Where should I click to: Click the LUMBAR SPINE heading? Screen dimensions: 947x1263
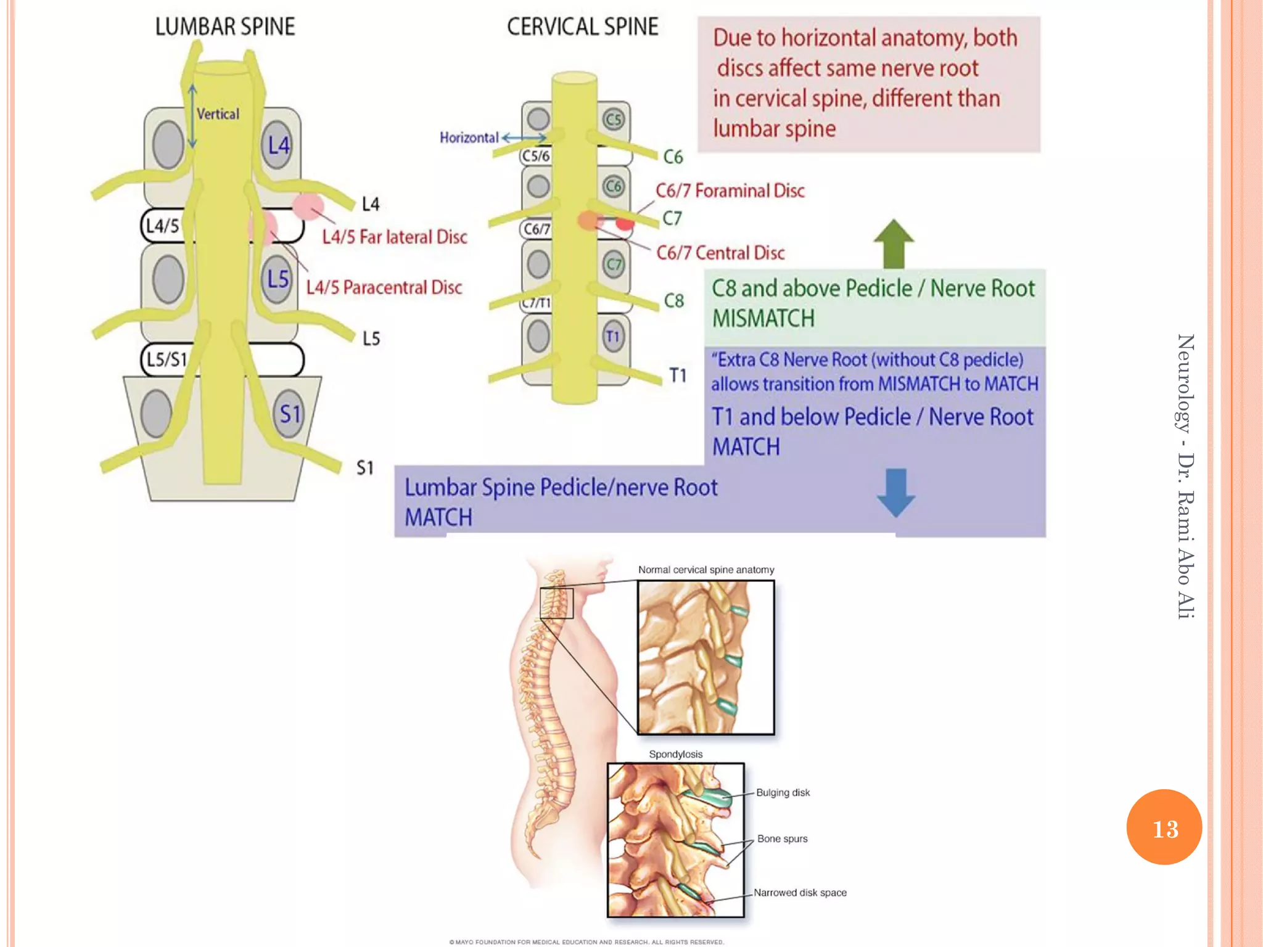pos(225,27)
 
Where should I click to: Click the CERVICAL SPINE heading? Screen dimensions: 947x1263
pos(583,27)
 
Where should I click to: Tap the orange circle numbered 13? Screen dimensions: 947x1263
pos(1164,827)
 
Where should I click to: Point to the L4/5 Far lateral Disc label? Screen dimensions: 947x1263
pos(395,237)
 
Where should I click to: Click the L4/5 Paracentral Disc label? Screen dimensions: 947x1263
pos(384,287)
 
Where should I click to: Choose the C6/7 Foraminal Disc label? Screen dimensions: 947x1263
pos(730,191)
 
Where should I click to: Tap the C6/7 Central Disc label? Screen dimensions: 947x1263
pos(720,253)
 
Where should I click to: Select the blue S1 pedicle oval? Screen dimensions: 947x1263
pos(289,414)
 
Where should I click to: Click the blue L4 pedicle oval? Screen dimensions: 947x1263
pos(278,146)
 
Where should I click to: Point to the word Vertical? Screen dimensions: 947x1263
pos(218,114)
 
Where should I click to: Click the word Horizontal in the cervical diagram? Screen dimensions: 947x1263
pos(469,137)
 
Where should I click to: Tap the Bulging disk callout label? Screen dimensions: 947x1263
pos(783,792)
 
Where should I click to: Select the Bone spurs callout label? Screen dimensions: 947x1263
pos(782,838)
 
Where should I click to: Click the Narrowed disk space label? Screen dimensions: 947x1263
pos(800,892)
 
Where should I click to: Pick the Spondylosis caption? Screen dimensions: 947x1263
pos(675,754)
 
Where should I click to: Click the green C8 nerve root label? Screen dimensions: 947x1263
pos(673,301)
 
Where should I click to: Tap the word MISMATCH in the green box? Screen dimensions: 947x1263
pos(763,319)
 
